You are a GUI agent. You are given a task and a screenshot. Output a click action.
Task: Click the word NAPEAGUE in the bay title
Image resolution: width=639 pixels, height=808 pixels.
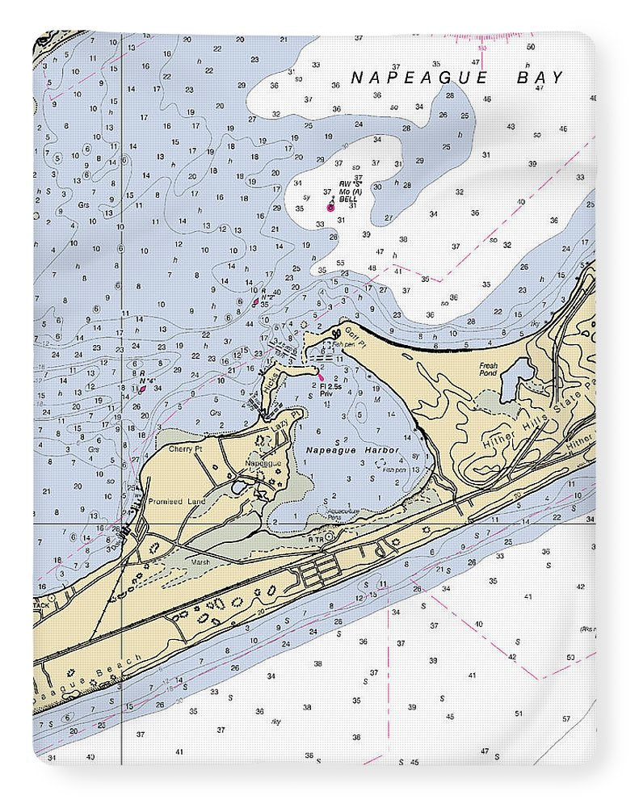419,78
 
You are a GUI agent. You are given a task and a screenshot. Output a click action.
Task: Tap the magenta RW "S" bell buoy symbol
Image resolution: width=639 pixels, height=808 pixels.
330,208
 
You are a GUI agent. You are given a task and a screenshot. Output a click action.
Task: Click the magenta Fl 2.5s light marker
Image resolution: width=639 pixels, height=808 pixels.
322,377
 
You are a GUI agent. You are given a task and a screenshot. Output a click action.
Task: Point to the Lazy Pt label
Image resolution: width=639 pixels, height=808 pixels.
279,423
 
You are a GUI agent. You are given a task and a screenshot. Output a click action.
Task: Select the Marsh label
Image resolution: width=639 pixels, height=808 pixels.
200,562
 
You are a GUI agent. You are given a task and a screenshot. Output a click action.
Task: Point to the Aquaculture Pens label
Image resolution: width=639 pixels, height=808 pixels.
343,514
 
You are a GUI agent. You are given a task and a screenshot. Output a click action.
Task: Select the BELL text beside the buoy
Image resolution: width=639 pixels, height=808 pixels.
347,199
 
